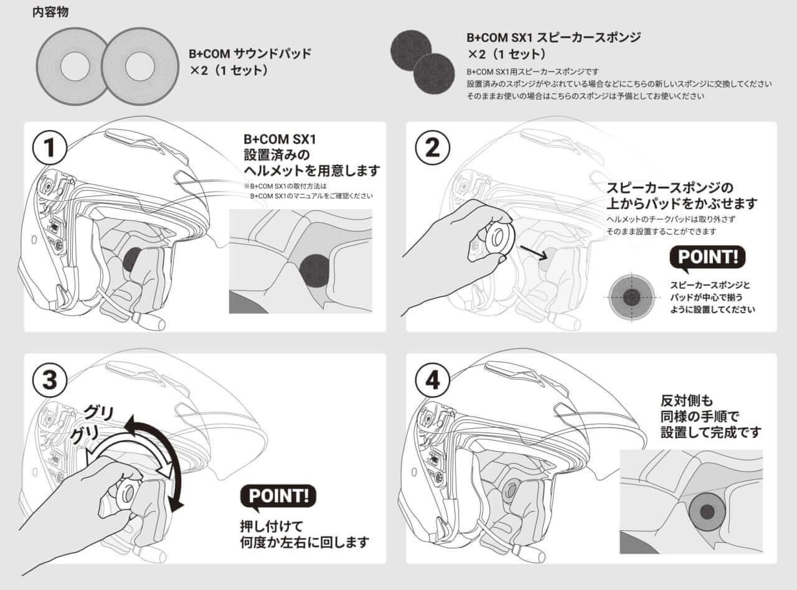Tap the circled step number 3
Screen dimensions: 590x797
click(x=49, y=381)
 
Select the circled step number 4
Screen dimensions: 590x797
click(x=432, y=381)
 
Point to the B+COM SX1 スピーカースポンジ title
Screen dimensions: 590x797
click(x=553, y=37)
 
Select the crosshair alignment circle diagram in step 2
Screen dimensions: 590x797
click(x=631, y=297)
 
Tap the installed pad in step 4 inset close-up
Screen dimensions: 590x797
click(x=707, y=511)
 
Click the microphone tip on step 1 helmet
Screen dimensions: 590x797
click(x=153, y=322)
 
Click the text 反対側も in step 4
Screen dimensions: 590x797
click(x=687, y=399)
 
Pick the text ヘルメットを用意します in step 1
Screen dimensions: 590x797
click(x=311, y=170)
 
